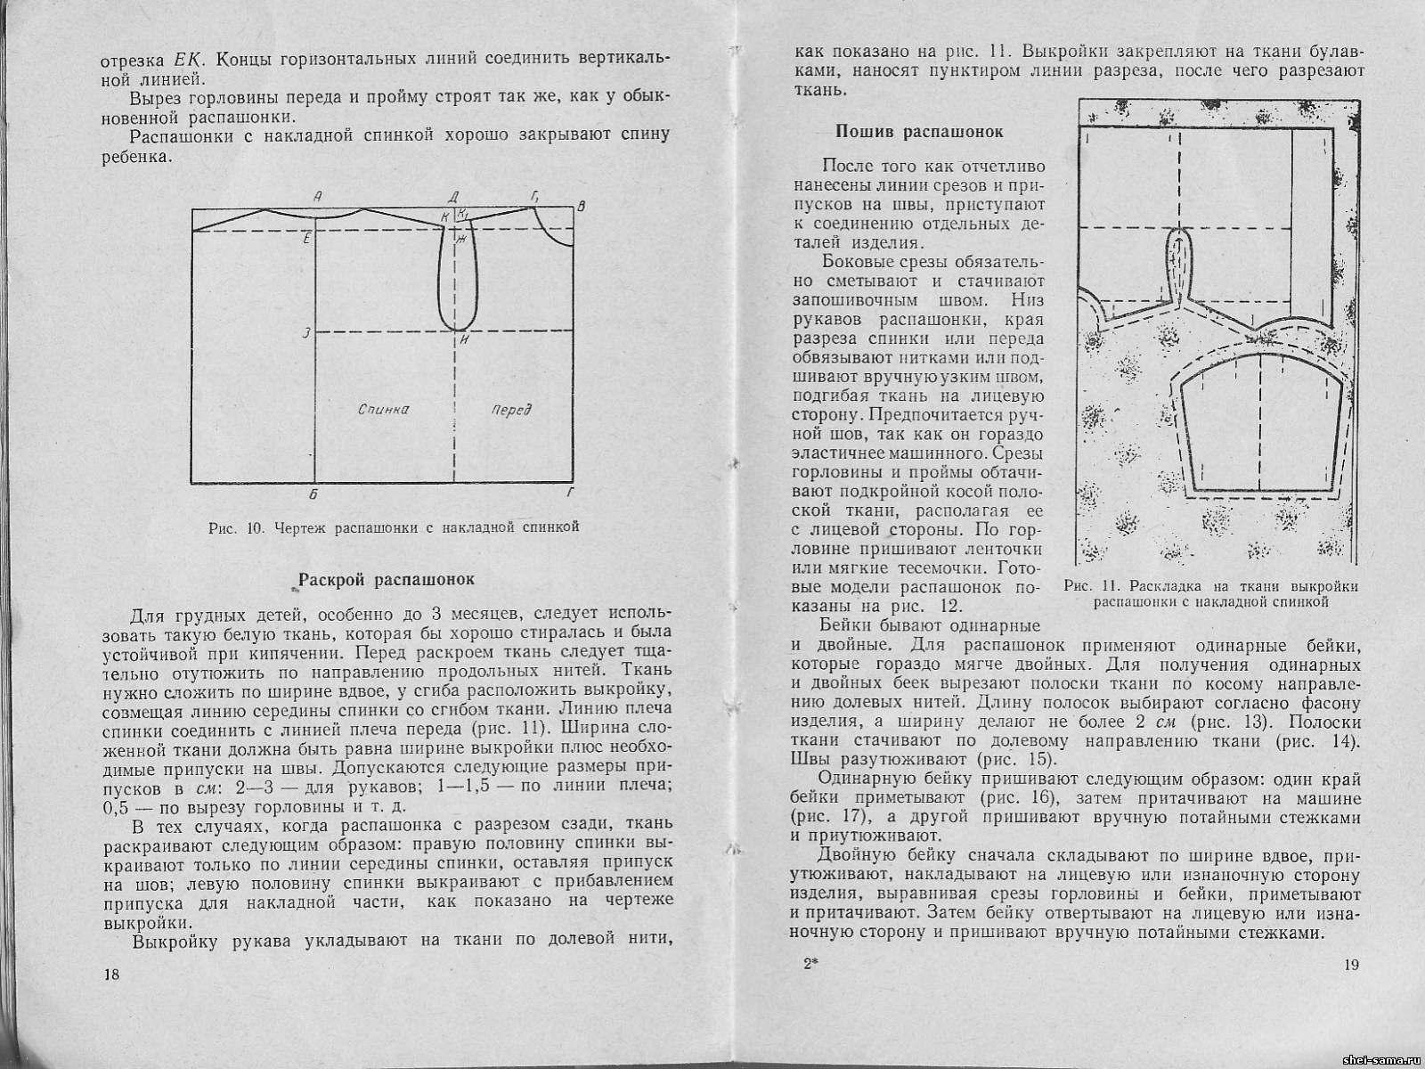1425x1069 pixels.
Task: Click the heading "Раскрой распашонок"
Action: click(387, 579)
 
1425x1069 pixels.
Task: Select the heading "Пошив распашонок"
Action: click(919, 132)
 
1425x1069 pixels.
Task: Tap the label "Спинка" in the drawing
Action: click(383, 410)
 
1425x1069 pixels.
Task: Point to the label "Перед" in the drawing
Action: click(511, 410)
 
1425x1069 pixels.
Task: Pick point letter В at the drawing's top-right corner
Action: click(581, 208)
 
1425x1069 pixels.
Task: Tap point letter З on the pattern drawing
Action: click(305, 332)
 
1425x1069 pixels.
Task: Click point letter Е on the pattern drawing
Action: click(305, 238)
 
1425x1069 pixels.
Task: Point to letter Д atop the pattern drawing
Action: click(453, 196)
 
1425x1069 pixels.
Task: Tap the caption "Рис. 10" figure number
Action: click(232, 526)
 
